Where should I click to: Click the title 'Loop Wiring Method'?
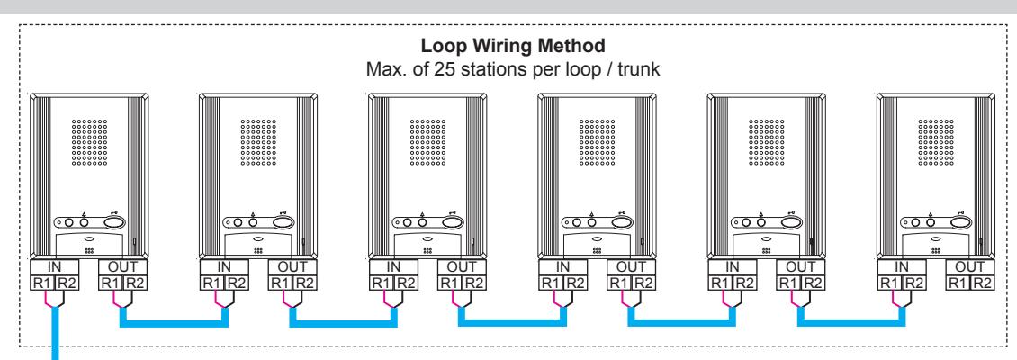point(513,47)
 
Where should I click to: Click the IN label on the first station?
point(55,266)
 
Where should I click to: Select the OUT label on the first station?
point(123,266)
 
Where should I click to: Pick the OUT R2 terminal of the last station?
point(982,283)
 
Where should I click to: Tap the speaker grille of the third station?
point(427,142)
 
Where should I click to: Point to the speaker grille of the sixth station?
point(936,142)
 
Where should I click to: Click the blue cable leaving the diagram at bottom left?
point(55,332)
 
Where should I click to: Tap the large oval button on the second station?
point(283,222)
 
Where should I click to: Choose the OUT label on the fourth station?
point(631,266)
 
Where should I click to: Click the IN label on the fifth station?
point(733,266)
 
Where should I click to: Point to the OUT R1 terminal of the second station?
point(280,283)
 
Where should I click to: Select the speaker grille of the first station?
point(89,142)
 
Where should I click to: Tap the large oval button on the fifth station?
point(791,222)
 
